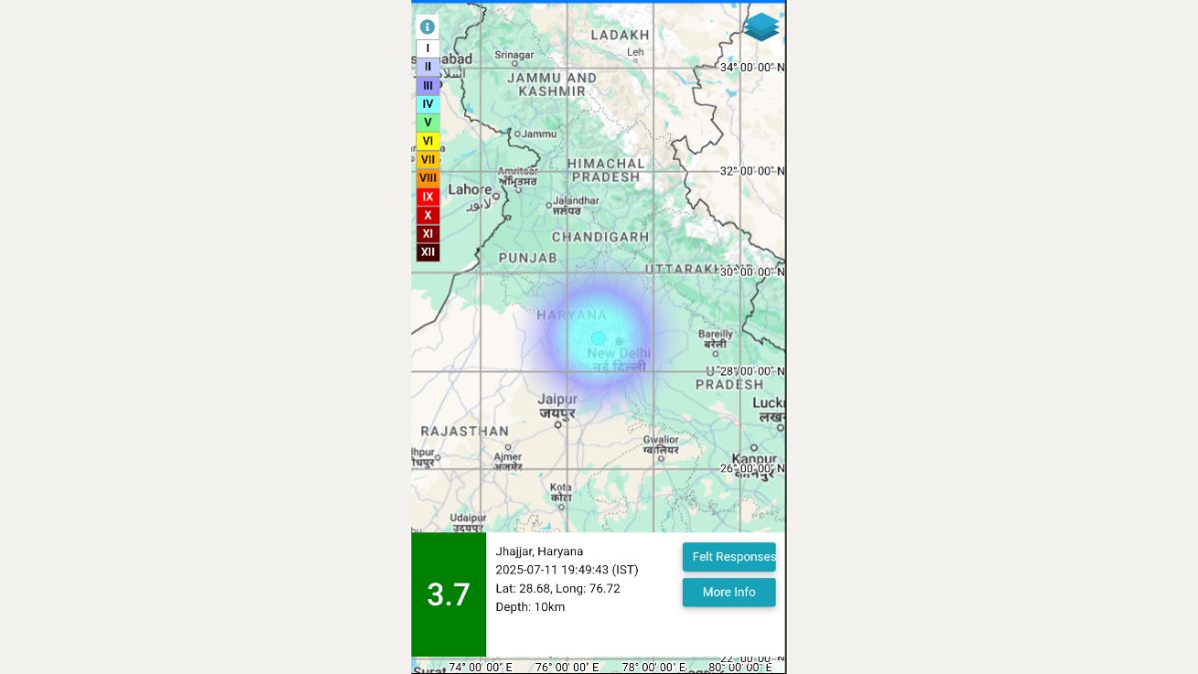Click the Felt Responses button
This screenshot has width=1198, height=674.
point(729,557)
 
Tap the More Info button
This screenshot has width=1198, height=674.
point(729,592)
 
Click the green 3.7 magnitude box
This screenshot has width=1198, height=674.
point(448,595)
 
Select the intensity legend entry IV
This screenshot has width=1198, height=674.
point(427,104)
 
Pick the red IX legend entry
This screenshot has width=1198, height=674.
point(427,197)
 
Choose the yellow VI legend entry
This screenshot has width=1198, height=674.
point(427,141)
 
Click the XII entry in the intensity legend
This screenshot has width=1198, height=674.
point(427,252)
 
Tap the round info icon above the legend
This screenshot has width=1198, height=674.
point(427,27)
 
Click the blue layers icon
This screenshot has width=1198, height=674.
point(762,27)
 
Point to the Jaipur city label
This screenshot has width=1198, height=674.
point(557,399)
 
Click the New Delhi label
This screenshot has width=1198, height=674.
point(619,353)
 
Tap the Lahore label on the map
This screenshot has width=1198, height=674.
point(469,190)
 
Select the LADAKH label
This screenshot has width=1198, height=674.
point(620,35)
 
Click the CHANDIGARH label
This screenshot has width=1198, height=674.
point(600,237)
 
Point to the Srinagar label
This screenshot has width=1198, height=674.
point(515,55)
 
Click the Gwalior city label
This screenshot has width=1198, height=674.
point(660,439)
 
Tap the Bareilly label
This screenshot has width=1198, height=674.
point(715,335)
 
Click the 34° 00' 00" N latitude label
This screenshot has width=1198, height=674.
point(752,67)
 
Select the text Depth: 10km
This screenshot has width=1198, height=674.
point(530,607)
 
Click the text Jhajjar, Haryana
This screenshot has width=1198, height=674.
point(539,551)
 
